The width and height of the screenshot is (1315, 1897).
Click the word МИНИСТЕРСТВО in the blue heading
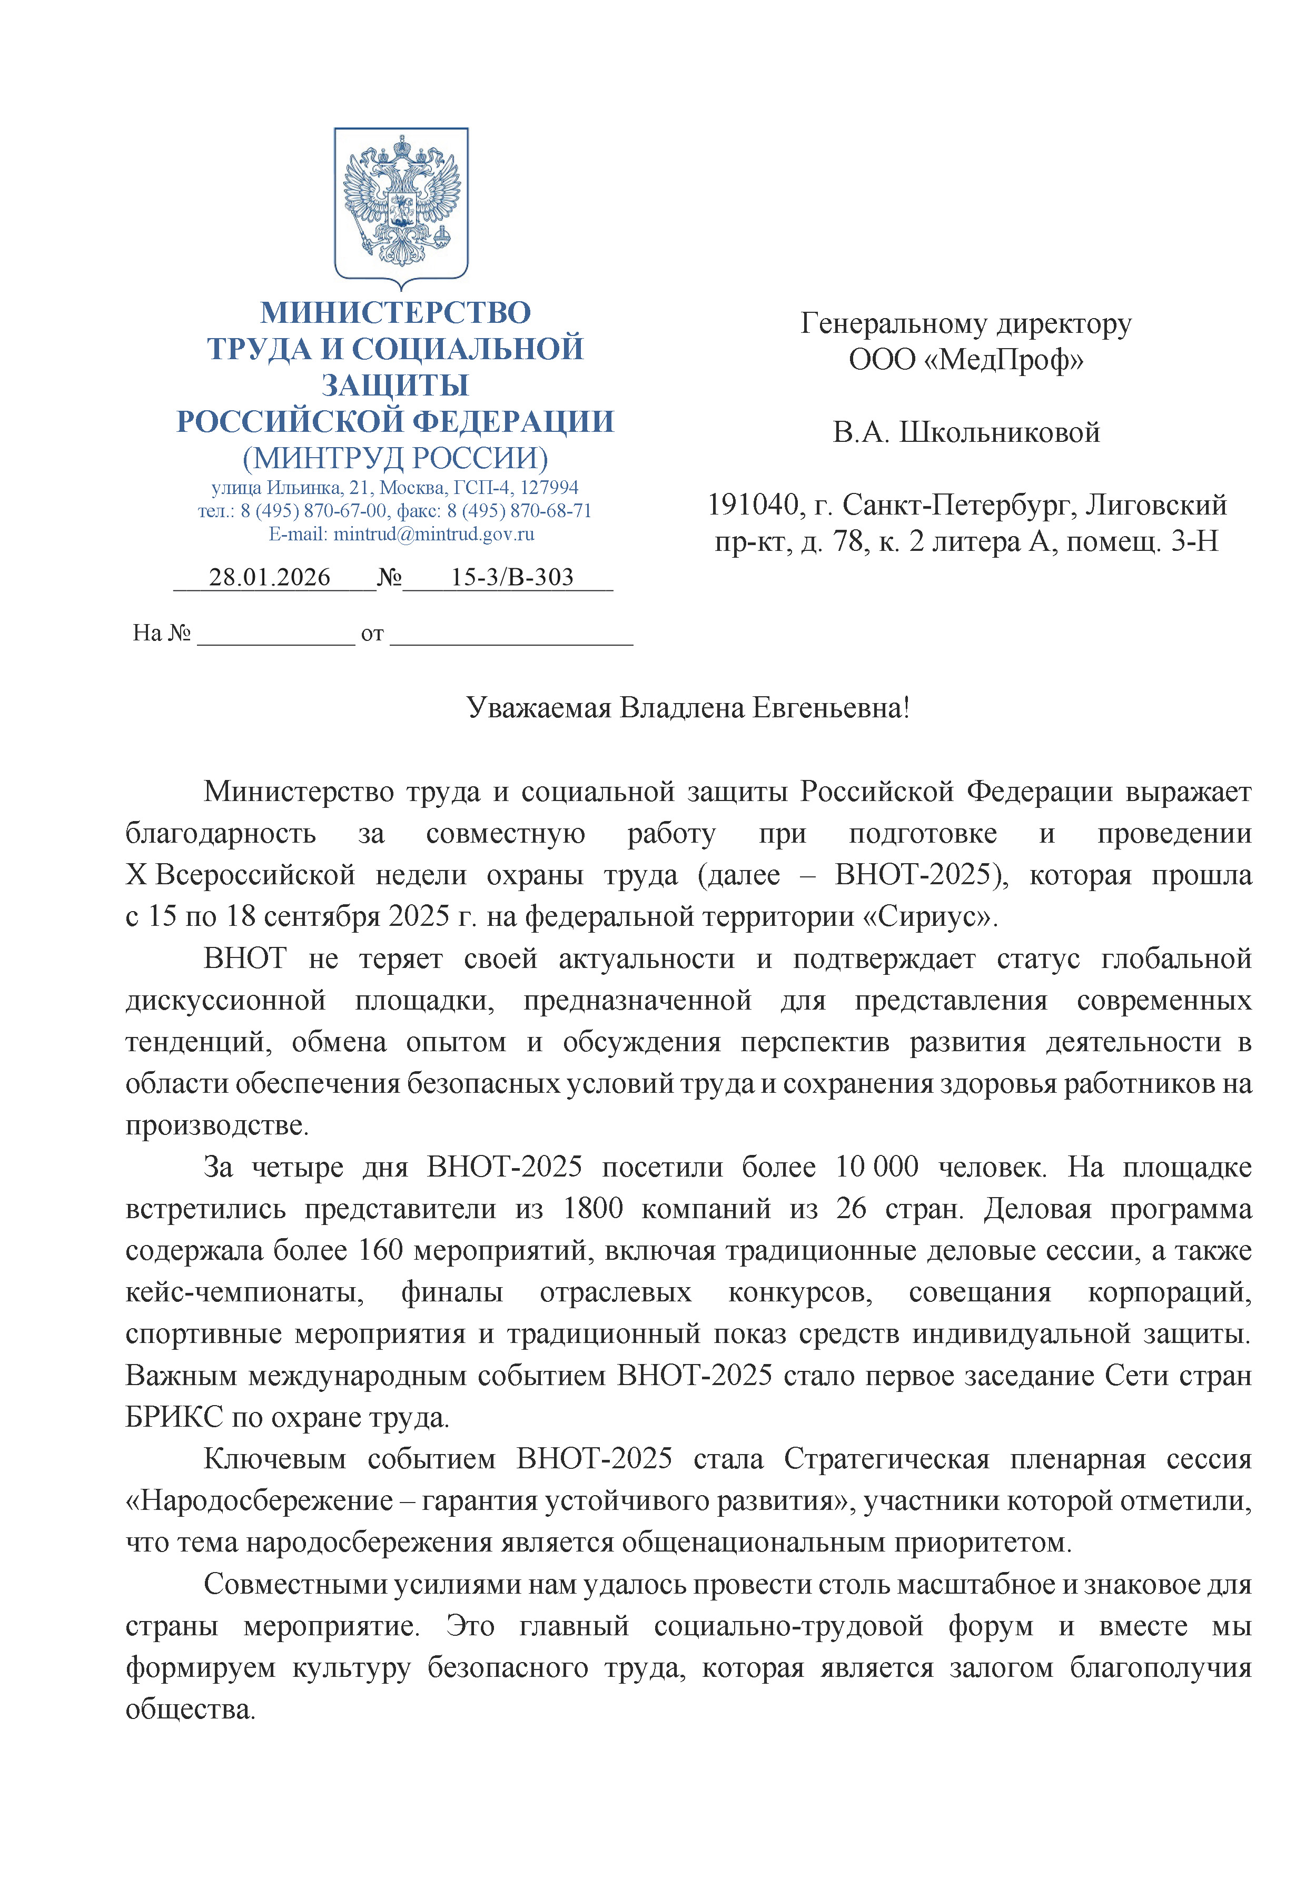[x=396, y=313]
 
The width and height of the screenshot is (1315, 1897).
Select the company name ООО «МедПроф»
[x=966, y=360]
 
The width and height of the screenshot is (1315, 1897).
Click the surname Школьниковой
[x=1000, y=432]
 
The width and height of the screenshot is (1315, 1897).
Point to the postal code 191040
[x=754, y=505]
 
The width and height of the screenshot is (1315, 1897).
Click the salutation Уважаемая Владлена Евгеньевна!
[x=688, y=708]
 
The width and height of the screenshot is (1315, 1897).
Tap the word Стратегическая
[x=886, y=1459]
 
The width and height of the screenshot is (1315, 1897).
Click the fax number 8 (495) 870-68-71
[x=519, y=511]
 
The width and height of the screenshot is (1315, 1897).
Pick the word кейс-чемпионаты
[x=245, y=1292]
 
